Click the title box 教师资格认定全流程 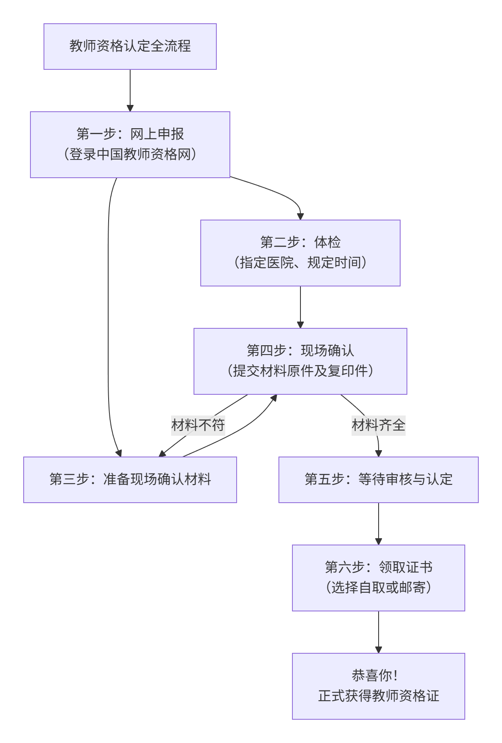[x=130, y=47]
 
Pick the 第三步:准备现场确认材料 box [x=130, y=479]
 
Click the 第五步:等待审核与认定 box [x=378, y=479]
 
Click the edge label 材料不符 [x=198, y=425]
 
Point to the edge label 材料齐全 [x=378, y=425]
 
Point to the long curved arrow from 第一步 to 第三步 [x=108, y=317]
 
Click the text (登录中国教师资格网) [x=130, y=154]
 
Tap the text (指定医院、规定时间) [x=300, y=263]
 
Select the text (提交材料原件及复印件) [x=300, y=371]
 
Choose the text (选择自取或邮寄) [x=378, y=588]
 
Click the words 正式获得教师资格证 [x=378, y=696]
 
